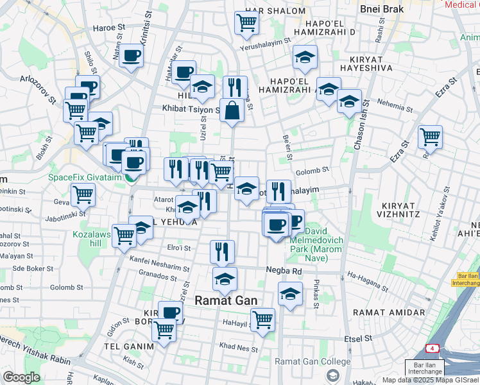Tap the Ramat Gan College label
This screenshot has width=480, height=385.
point(313,361)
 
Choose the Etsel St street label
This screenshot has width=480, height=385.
point(359,338)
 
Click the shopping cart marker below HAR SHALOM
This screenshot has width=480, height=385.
point(247,23)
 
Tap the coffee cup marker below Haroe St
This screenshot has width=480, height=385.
point(132,56)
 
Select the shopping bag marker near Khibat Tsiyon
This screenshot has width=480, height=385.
point(232,110)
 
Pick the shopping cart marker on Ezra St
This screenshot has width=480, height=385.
point(430,137)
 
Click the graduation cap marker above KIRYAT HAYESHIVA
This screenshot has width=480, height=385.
point(305,57)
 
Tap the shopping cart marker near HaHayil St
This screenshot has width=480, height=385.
point(262,320)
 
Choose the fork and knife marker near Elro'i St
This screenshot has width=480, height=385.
point(223,252)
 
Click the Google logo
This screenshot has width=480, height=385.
point(21,377)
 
